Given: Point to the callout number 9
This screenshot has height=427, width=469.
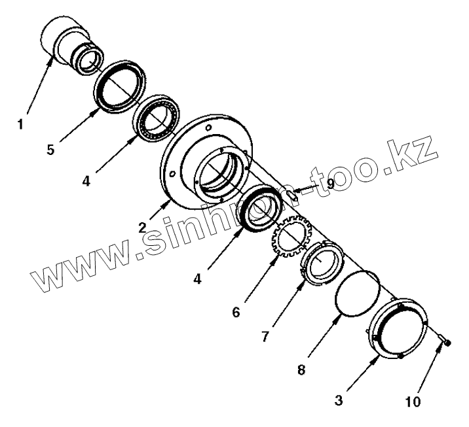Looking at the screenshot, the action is pyautogui.click(x=330, y=184).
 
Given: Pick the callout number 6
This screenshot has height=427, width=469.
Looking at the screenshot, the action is pyautogui.click(x=235, y=311).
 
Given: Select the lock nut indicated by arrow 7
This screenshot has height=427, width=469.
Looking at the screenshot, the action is pyautogui.click(x=320, y=261).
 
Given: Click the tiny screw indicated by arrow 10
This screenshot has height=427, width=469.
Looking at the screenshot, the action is pyautogui.click(x=444, y=341).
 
